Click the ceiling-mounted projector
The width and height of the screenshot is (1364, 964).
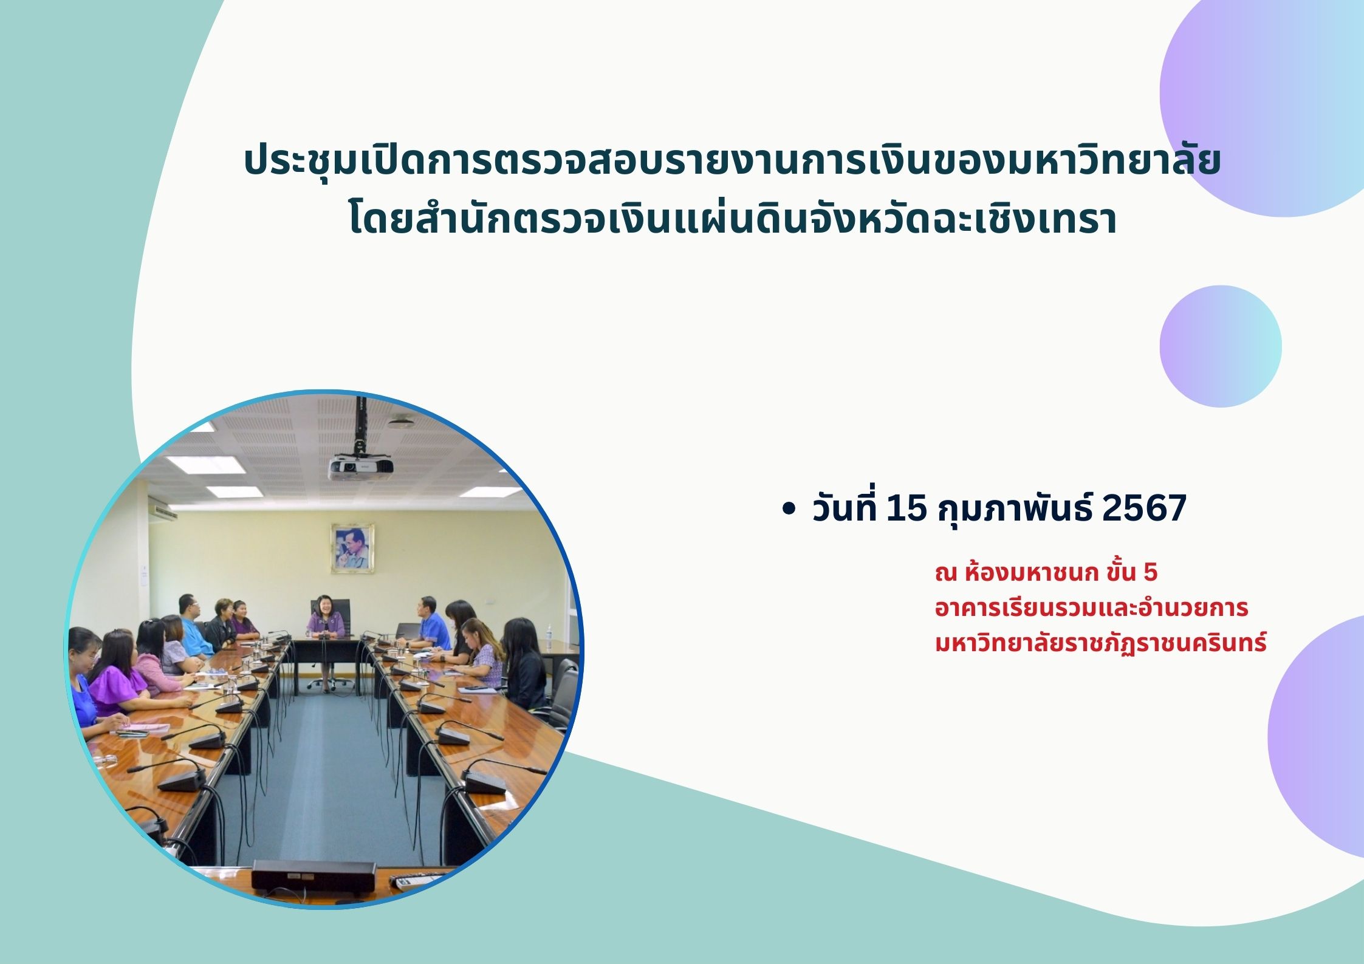[360, 468]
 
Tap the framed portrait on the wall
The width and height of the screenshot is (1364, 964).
[352, 549]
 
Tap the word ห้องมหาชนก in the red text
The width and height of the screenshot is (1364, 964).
[1031, 573]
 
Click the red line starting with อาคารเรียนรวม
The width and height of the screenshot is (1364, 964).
[1091, 608]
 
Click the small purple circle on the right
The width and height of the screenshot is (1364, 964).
[1220, 346]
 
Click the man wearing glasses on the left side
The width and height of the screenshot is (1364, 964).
[196, 623]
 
